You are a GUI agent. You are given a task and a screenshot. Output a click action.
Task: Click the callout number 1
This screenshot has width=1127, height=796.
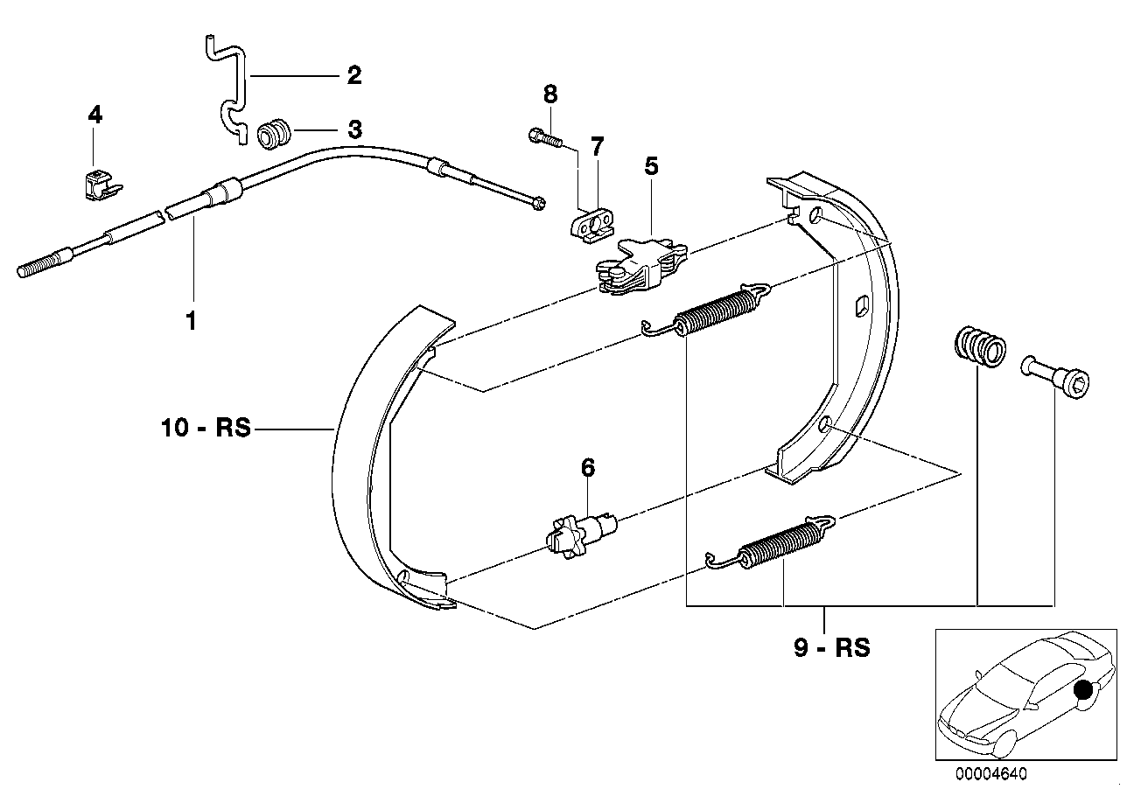(x=190, y=321)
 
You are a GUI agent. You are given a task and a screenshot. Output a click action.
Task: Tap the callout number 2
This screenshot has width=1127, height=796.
(x=353, y=76)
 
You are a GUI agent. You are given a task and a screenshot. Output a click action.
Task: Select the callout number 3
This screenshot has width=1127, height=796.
(x=353, y=130)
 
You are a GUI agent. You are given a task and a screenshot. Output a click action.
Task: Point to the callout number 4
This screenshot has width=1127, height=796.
(x=94, y=115)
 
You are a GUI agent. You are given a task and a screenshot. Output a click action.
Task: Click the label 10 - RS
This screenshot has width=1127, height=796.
(x=206, y=429)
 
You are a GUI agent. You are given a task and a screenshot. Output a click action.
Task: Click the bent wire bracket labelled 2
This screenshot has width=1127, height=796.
(x=228, y=87)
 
